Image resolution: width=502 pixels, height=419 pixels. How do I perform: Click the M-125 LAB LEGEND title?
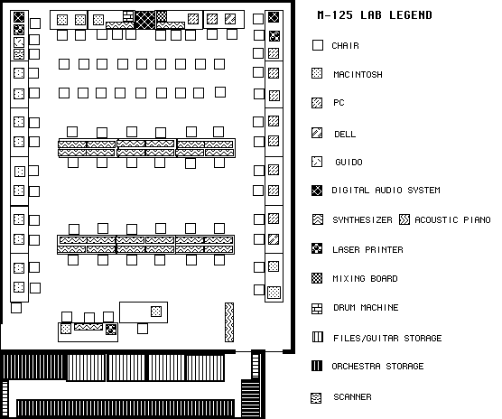[x=375, y=15]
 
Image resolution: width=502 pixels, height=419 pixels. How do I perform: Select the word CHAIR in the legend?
[x=345, y=46]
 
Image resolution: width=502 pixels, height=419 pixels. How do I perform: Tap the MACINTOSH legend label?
[x=358, y=75]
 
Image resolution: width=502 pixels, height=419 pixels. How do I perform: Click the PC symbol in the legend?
[x=317, y=103]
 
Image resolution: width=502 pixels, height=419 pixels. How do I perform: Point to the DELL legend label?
[x=345, y=135]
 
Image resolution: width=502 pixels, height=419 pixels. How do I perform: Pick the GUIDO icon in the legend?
[x=317, y=162]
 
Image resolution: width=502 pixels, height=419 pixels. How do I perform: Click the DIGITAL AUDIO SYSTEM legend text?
[x=386, y=191]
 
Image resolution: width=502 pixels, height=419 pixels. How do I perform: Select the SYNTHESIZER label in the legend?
[x=362, y=220]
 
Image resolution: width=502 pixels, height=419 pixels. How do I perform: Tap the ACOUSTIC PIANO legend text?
[x=452, y=220]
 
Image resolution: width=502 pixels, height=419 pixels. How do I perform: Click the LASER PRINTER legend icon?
[x=317, y=248]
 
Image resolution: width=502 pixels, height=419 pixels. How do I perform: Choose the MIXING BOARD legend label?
[x=365, y=278]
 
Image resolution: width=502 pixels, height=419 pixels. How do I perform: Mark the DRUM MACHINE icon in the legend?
[x=317, y=309]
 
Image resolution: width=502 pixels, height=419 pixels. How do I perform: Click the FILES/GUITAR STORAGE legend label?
[x=387, y=338]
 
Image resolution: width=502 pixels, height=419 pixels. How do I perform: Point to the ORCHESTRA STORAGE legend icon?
[x=317, y=365]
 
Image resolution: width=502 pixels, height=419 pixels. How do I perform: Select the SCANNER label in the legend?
[x=352, y=397]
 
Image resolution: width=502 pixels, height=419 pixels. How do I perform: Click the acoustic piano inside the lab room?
[x=229, y=322]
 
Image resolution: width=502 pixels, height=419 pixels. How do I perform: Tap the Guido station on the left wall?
[x=19, y=42]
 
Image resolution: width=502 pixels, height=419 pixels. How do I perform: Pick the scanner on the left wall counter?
[x=19, y=54]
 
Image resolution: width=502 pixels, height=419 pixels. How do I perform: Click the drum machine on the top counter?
[x=128, y=16]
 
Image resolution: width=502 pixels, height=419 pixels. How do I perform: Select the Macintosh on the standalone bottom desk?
[x=156, y=312]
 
